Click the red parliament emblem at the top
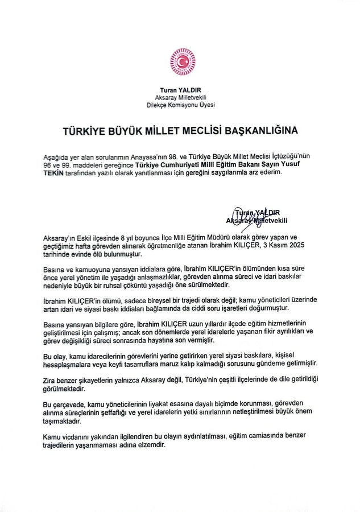click(180, 63)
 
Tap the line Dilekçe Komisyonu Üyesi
click(180, 105)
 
